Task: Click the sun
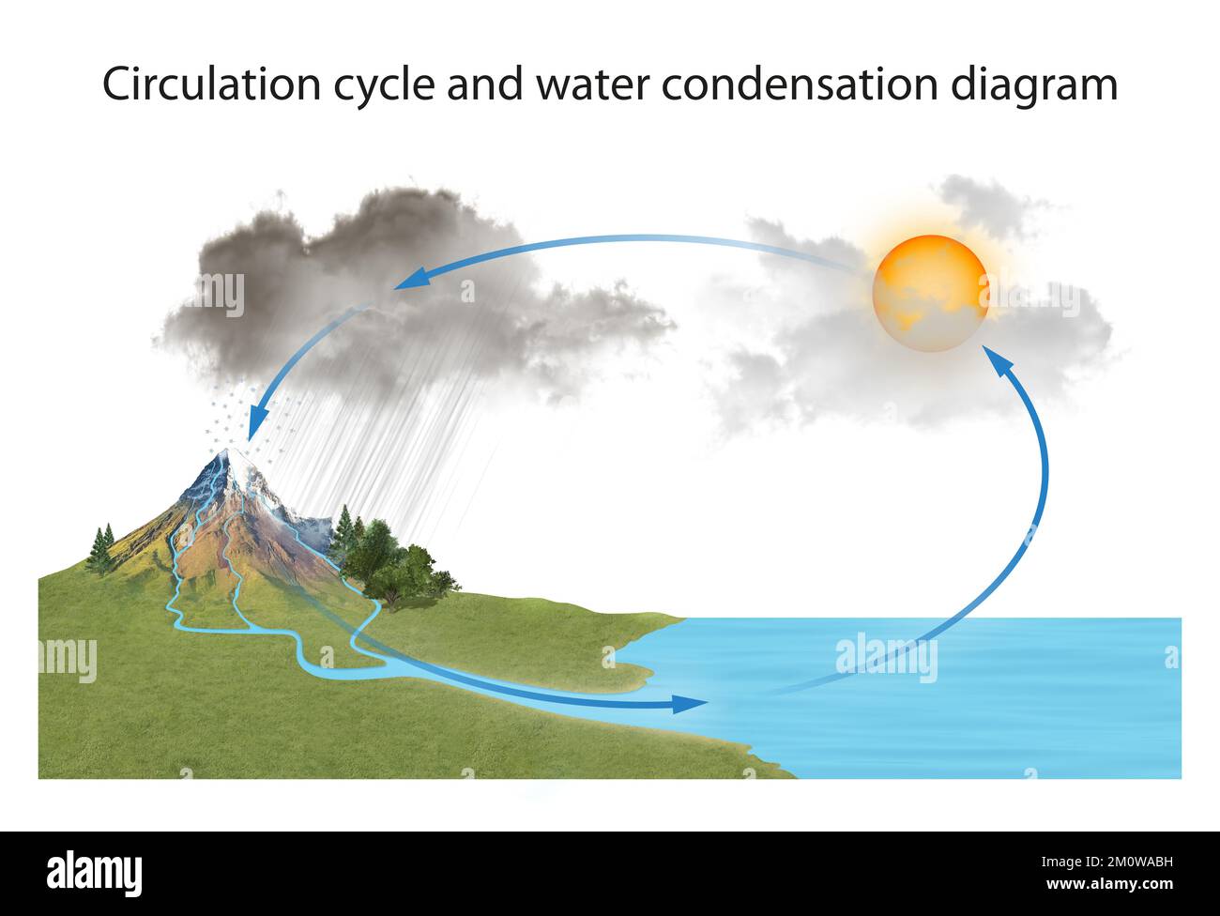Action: [x=929, y=293]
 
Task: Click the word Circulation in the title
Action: [x=213, y=84]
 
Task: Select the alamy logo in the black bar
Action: [x=95, y=871]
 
